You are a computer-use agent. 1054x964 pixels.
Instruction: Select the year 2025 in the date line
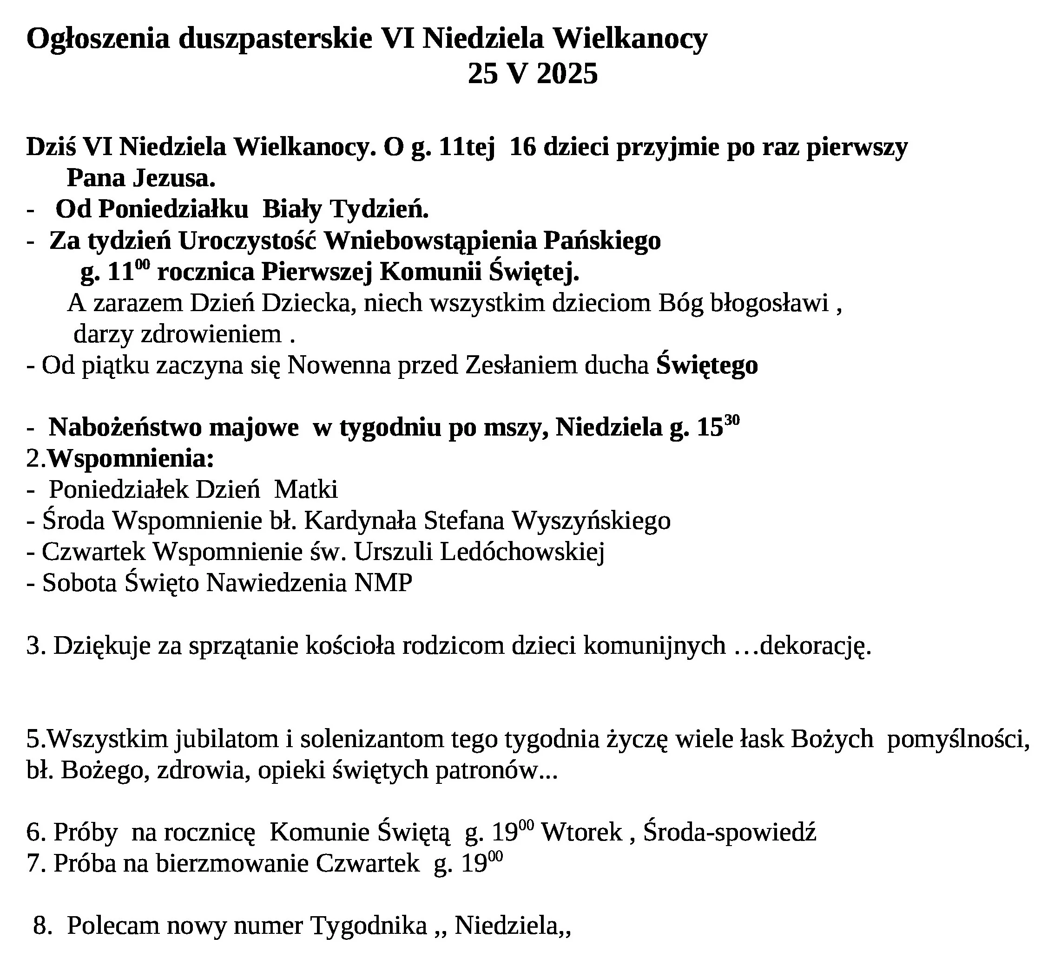567,74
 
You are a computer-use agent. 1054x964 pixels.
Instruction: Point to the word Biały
292,210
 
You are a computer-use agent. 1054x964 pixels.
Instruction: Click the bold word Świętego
707,365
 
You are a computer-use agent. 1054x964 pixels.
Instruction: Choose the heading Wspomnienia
131,459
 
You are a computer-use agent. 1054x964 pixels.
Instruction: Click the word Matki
306,489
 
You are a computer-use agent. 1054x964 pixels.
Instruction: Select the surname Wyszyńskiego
591,521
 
